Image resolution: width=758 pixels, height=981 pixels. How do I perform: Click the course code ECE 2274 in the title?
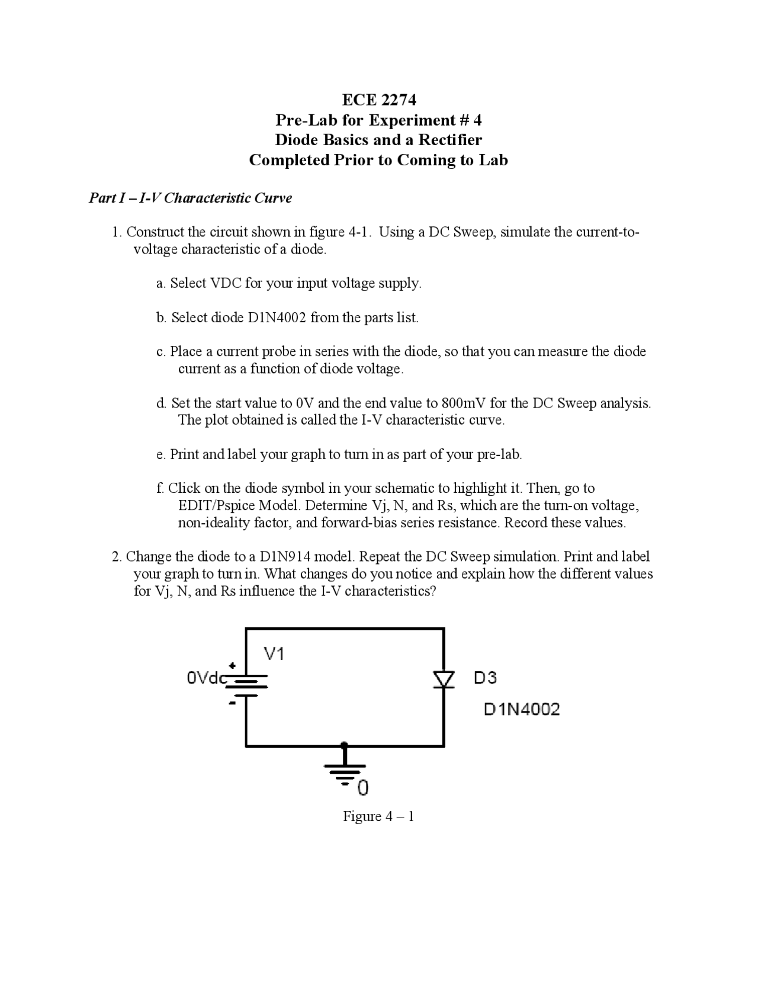pyautogui.click(x=379, y=100)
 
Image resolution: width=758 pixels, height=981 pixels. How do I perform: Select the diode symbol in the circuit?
pyautogui.click(x=443, y=679)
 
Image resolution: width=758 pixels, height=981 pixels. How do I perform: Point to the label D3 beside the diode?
pyautogui.click(x=485, y=678)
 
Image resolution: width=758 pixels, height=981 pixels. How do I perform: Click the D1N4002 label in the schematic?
pyautogui.click(x=522, y=709)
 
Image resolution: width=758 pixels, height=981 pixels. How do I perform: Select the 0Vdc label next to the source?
pyautogui.click(x=206, y=678)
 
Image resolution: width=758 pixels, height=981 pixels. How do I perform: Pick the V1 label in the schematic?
pyautogui.click(x=275, y=654)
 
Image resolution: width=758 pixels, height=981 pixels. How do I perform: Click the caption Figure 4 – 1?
pyautogui.click(x=378, y=816)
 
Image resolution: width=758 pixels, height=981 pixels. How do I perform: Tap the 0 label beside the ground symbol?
pyautogui.click(x=362, y=788)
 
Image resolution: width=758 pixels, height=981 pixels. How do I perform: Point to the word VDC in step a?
pyautogui.click(x=226, y=283)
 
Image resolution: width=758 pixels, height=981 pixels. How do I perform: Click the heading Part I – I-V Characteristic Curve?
pyautogui.click(x=190, y=198)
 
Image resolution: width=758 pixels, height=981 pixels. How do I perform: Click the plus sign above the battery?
pyautogui.click(x=233, y=666)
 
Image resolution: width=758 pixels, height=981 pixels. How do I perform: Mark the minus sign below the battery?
pyautogui.click(x=233, y=703)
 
